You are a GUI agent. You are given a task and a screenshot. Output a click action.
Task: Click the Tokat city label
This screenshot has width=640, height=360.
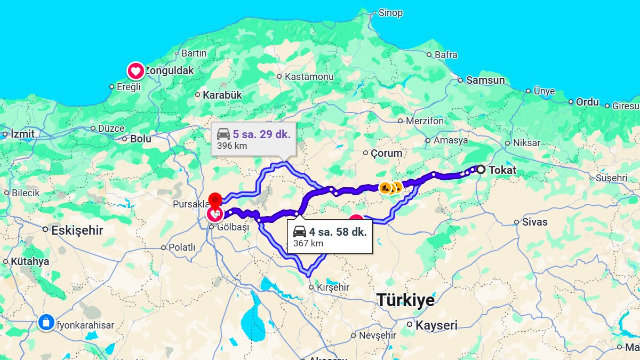(502, 171)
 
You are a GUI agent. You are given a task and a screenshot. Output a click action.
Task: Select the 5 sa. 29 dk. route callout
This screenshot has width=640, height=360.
(253, 139)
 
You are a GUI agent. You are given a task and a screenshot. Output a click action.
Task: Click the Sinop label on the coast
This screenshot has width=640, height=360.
(390, 13)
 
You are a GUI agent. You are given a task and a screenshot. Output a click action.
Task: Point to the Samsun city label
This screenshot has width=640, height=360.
(485, 81)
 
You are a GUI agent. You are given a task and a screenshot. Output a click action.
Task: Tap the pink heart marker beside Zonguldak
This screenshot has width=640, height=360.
(135, 71)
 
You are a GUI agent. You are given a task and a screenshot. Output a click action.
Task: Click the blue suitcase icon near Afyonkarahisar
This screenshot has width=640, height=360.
(46, 323)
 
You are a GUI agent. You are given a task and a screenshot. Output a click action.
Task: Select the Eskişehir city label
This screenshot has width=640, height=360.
(77, 231)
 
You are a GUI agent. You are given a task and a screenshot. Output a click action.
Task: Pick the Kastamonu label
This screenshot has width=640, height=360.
(309, 77)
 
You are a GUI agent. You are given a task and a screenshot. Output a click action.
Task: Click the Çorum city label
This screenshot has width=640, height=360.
(386, 153)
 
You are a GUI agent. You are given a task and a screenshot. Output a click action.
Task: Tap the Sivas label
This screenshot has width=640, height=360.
(534, 222)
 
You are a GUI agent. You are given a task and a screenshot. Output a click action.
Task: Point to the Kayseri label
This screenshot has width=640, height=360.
(436, 325)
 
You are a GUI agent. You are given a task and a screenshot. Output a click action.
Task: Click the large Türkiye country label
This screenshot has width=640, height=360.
(405, 300)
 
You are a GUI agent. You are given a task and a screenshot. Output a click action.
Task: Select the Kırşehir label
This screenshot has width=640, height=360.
(333, 287)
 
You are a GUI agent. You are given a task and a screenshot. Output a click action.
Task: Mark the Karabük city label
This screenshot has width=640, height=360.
(222, 95)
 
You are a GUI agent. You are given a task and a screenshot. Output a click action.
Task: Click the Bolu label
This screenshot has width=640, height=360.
(141, 139)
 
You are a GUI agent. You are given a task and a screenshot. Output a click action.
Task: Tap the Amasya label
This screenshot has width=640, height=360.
(451, 141)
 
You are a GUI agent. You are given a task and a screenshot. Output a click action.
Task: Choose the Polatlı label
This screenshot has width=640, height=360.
(182, 247)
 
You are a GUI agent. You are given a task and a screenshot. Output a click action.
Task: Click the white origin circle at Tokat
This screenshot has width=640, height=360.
(481, 170)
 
